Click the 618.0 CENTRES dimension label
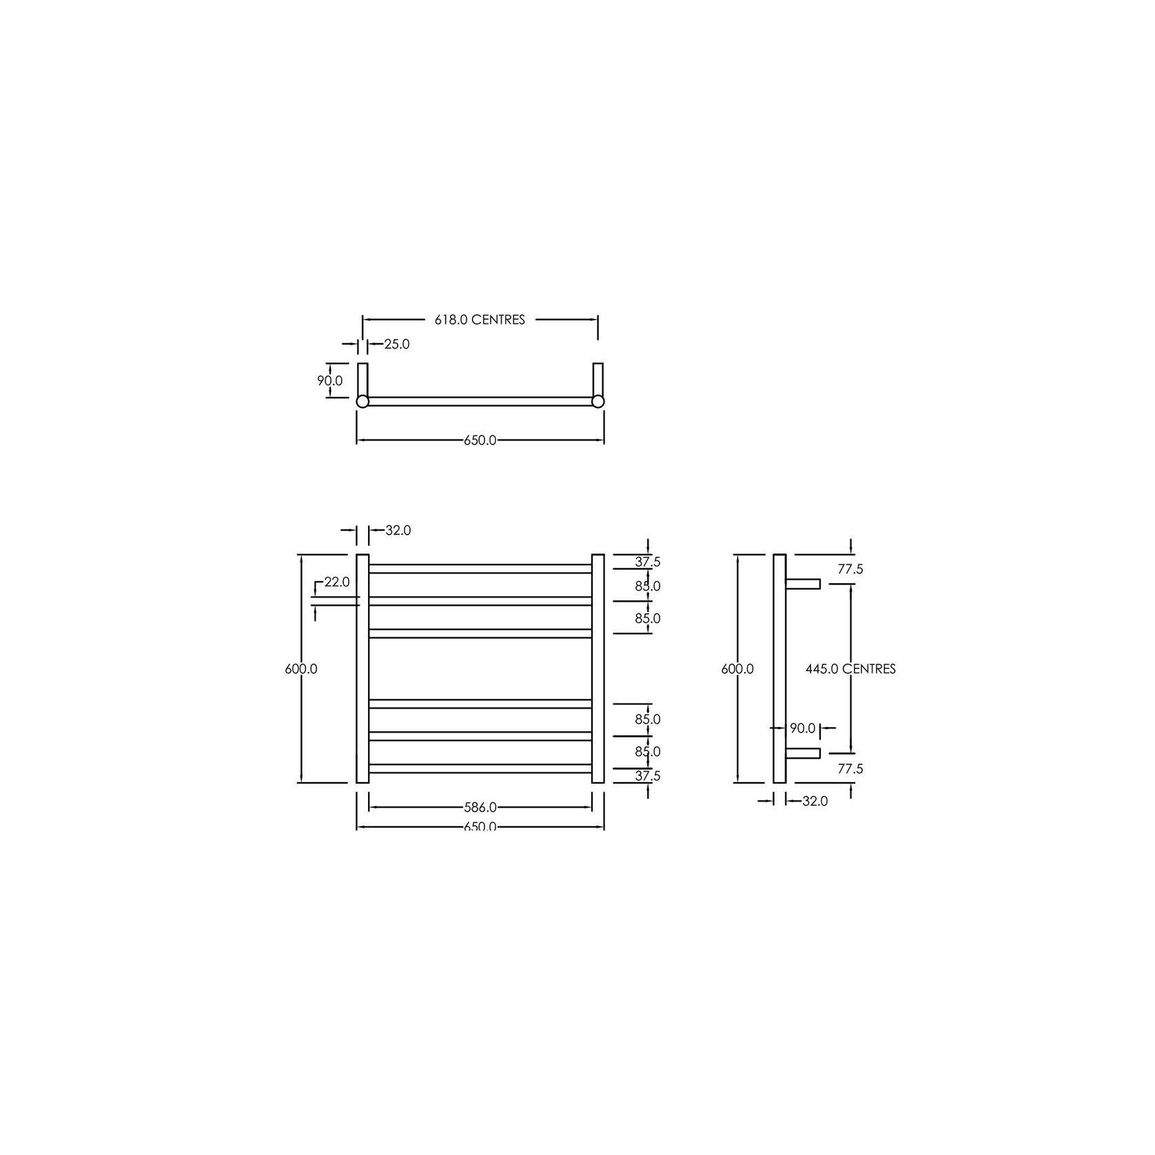[480, 320]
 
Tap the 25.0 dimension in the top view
[396, 344]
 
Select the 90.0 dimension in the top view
[330, 380]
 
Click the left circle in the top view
[362, 401]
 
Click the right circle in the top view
[598, 401]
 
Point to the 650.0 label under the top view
[480, 440]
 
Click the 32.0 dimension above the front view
[398, 530]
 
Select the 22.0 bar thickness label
[337, 582]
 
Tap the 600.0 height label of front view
[301, 668]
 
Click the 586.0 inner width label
[480, 806]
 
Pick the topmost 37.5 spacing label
[647, 562]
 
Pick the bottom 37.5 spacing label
[647, 775]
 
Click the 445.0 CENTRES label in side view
[850, 668]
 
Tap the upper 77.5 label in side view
[850, 569]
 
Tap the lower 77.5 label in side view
[850, 768]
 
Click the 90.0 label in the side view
[802, 728]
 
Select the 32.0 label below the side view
[815, 801]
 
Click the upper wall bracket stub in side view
[803, 584]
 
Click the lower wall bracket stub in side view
[803, 753]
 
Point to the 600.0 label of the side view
[737, 668]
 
